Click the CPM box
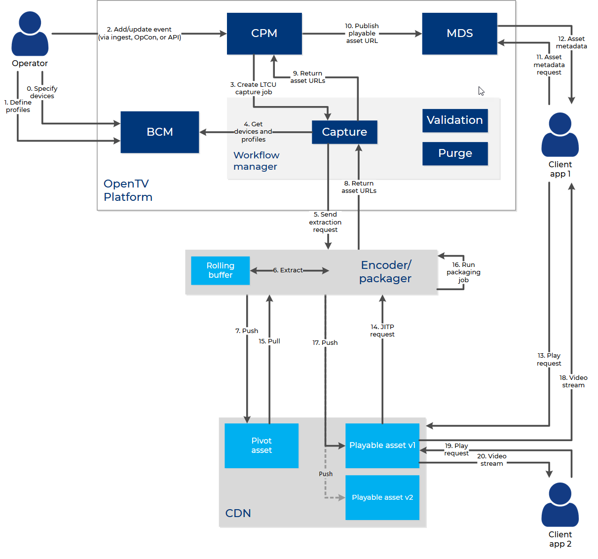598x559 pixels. pyautogui.click(x=264, y=34)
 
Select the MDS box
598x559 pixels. pyautogui.click(x=459, y=34)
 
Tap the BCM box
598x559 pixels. pyautogui.click(x=159, y=132)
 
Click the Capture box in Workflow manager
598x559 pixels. pyautogui.click(x=344, y=132)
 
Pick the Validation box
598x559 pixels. pyautogui.click(x=455, y=120)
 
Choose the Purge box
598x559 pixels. pyautogui.click(x=455, y=153)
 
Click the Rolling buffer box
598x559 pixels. pyautogui.click(x=220, y=270)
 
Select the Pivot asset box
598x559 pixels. pyautogui.click(x=261, y=446)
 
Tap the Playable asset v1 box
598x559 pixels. pyautogui.click(x=382, y=446)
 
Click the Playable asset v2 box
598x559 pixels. pyautogui.click(x=382, y=497)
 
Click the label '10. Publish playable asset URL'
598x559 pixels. pyautogui.click(x=362, y=34)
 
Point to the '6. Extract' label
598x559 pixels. pyautogui.click(x=288, y=270)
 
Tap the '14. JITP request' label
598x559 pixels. pyautogui.click(x=382, y=331)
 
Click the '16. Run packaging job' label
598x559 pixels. pyautogui.click(x=463, y=272)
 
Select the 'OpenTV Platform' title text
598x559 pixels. pyautogui.click(x=128, y=190)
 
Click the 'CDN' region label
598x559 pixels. pyautogui.click(x=238, y=513)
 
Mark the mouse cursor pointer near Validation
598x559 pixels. pyautogui.click(x=481, y=91)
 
